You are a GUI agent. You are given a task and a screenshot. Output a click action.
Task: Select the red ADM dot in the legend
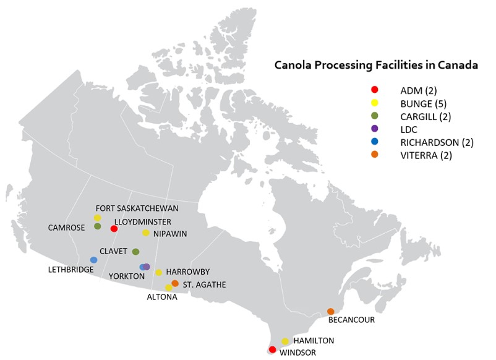pyautogui.click(x=374, y=90)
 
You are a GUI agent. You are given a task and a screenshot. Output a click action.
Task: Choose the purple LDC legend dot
pyautogui.click(x=374, y=129)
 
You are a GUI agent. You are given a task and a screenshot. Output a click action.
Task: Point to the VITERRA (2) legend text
pyautogui.click(x=426, y=155)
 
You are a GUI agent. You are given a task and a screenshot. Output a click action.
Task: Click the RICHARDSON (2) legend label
pyautogui.click(x=437, y=142)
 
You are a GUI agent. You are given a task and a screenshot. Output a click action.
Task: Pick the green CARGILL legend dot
pyautogui.click(x=374, y=116)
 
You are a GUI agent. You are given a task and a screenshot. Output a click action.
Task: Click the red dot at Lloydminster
pyautogui.click(x=114, y=229)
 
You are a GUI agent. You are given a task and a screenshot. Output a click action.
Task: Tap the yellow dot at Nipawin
pyautogui.click(x=146, y=233)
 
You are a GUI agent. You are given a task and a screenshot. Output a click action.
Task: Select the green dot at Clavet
pyautogui.click(x=135, y=252)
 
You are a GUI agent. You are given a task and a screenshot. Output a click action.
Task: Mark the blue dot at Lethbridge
pyautogui.click(x=93, y=260)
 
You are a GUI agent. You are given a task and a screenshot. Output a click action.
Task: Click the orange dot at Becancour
pyautogui.click(x=331, y=311)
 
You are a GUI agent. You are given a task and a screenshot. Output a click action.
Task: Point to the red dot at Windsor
pyautogui.click(x=272, y=349)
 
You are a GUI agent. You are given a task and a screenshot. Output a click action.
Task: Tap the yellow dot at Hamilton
pyautogui.click(x=285, y=341)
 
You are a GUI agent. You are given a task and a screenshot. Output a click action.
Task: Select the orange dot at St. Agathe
pyautogui.click(x=175, y=283)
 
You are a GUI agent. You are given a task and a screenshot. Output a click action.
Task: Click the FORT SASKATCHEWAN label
pyautogui.click(x=137, y=208)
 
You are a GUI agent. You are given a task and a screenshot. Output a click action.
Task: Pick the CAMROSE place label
pyautogui.click(x=66, y=228)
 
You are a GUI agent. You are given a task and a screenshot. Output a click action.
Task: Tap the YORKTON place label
pyautogui.click(x=127, y=276)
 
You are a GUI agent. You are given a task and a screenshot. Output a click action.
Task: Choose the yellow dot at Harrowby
pyautogui.click(x=158, y=272)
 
